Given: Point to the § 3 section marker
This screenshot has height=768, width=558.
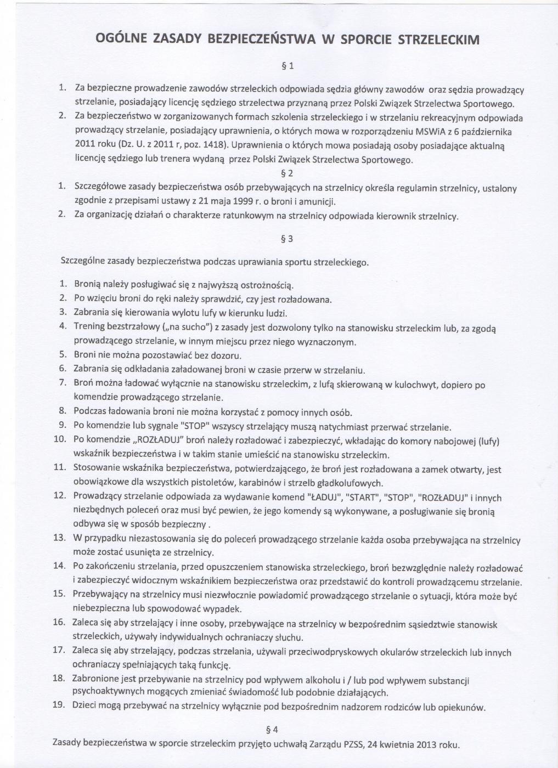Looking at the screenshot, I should tap(287, 239).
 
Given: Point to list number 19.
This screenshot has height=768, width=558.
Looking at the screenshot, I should tap(59, 704).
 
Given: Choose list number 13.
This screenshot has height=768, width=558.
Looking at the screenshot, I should tap(59, 537).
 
